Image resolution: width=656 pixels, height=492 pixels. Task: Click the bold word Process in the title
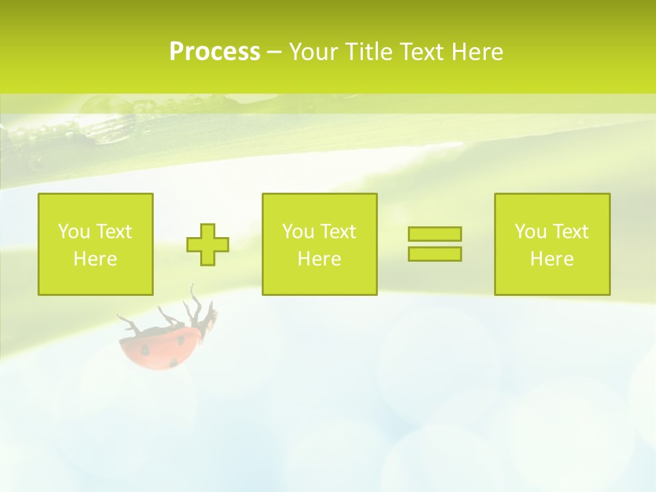215,52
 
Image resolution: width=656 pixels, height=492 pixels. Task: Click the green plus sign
208,245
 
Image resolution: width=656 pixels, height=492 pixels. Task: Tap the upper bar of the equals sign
435,234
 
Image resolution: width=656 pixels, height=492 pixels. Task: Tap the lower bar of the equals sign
435,254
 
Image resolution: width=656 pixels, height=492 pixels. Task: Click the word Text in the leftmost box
113,232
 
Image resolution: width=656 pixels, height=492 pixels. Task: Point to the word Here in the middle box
319,259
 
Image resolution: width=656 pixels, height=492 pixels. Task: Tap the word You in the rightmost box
530,232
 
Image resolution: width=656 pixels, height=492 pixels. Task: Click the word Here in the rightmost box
551,259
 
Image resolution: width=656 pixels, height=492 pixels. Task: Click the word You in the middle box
298,232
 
